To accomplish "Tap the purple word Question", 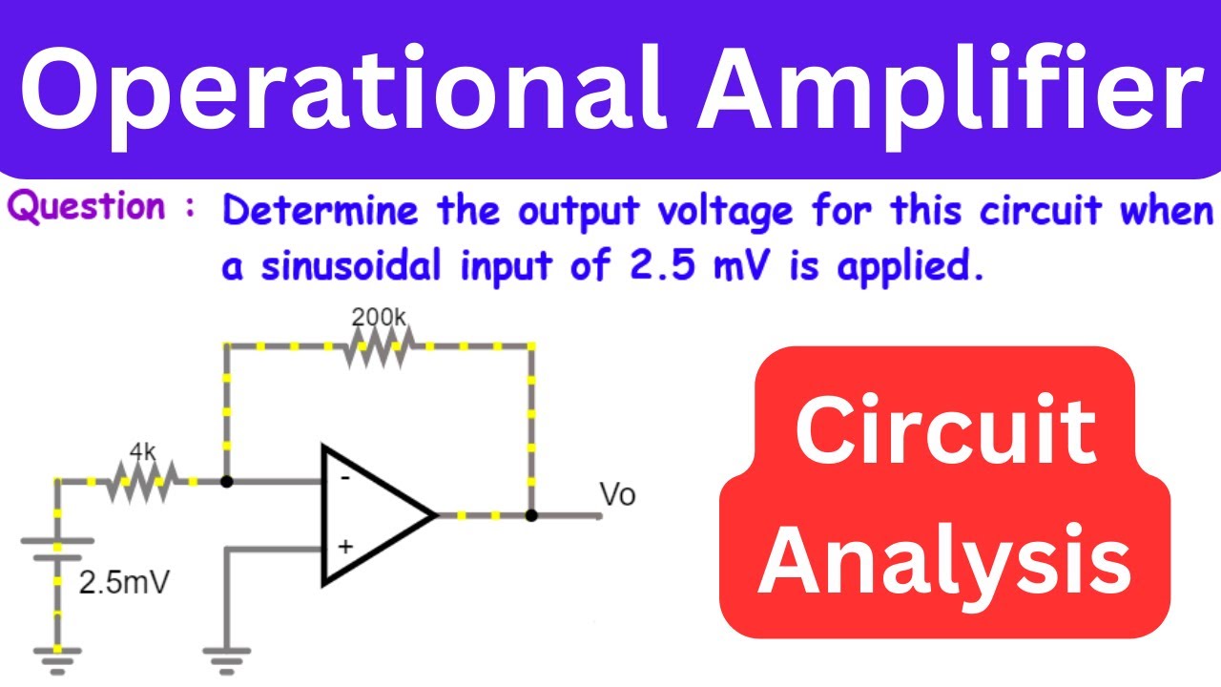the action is [x=87, y=208].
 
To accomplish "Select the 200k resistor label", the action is [x=379, y=318].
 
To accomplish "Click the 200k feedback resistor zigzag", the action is [x=380, y=346].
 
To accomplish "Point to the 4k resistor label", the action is [x=143, y=451].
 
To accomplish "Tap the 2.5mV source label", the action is [x=124, y=582].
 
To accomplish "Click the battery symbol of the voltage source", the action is [x=57, y=550].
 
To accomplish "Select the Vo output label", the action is [x=617, y=494].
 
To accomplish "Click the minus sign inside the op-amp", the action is [x=345, y=479].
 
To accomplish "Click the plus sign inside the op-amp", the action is [x=345, y=547].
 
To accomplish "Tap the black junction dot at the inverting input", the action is [x=227, y=482].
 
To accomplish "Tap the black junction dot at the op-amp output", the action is [x=531, y=515].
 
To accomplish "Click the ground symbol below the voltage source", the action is [x=57, y=661].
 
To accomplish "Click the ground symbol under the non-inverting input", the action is [x=227, y=661].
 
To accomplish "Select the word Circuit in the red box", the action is [x=945, y=430].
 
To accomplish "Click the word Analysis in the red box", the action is [x=944, y=561].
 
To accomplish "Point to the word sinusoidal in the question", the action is [x=350, y=266].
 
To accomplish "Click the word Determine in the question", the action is [x=321, y=211].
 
